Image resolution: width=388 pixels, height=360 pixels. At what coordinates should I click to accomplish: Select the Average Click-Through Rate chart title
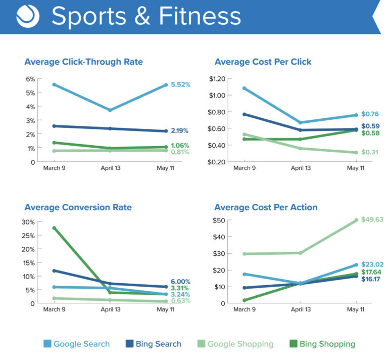[83, 62]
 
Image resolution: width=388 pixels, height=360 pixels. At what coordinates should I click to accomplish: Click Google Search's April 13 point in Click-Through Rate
[110, 110]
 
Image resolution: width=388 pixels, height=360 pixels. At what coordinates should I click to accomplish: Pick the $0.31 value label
[370, 153]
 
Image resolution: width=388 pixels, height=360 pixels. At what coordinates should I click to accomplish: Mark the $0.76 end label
[370, 114]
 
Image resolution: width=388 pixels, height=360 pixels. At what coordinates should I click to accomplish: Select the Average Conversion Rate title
[78, 207]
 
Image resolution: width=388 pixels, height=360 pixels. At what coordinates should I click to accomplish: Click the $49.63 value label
[373, 220]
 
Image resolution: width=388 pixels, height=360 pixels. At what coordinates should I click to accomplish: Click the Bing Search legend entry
[152, 344]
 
